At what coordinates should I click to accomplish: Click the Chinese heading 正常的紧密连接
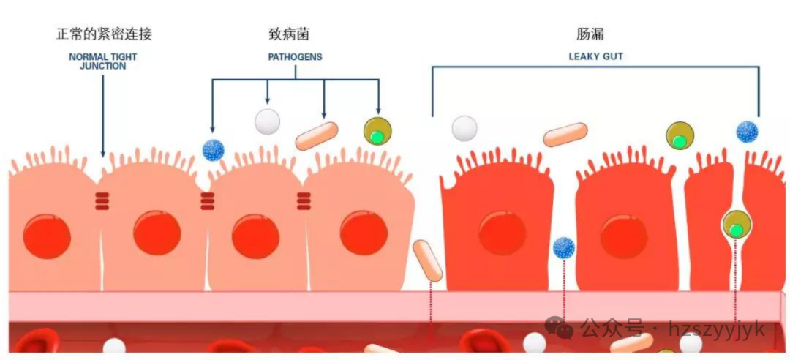coord(104,34)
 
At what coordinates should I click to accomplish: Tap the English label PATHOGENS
coord(295,56)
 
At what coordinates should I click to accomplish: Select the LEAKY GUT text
coord(595,56)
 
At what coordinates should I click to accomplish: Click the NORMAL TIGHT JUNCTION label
coord(102,61)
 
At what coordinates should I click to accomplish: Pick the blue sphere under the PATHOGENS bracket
coord(213,150)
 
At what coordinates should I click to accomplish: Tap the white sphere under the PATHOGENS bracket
coord(268,121)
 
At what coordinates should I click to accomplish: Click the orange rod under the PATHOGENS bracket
coord(317,136)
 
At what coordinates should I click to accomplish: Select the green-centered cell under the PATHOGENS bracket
coord(377,132)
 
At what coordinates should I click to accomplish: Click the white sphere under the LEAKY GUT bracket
coord(464,128)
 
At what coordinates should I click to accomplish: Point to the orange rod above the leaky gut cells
coord(565,134)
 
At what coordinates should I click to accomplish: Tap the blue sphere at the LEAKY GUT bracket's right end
coord(747,132)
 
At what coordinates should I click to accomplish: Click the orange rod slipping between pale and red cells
coord(427,260)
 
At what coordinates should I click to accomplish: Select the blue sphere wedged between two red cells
coord(564,248)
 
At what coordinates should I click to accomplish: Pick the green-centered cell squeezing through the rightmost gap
coord(736,224)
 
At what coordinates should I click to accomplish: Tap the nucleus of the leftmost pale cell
coord(48,236)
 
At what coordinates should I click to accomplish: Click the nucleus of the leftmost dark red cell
coord(502,233)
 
